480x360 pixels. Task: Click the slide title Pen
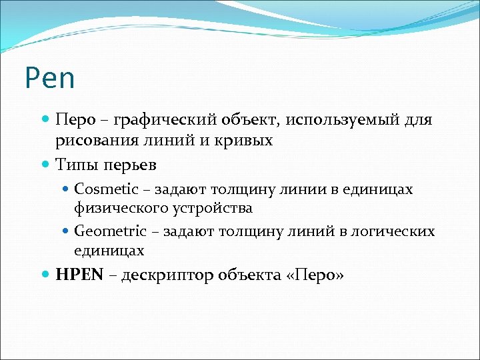point(50,78)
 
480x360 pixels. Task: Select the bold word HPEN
point(79,275)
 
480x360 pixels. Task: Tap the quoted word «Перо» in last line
point(314,275)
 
